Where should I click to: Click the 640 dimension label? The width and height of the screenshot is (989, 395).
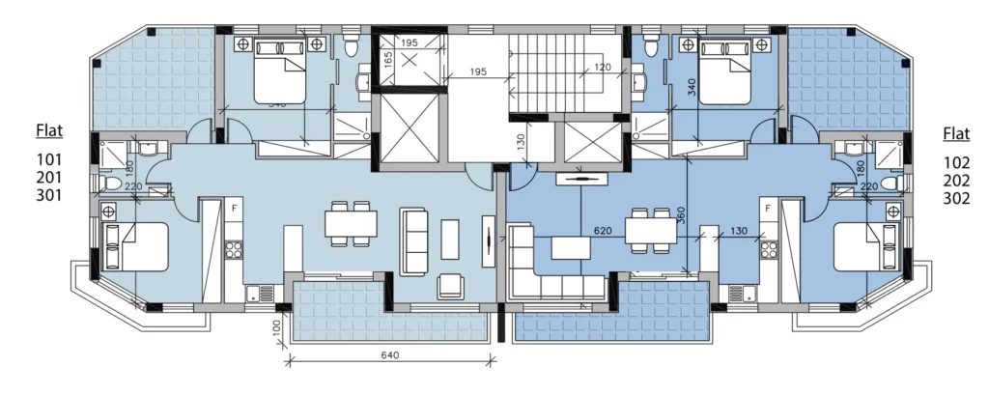pyautogui.click(x=390, y=354)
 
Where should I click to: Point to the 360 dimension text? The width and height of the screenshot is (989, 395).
pyautogui.click(x=682, y=214)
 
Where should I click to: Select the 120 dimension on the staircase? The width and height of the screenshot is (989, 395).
pyautogui.click(x=603, y=67)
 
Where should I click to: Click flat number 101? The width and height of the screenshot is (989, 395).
pyautogui.click(x=48, y=158)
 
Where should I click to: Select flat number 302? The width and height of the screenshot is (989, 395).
pyautogui.click(x=955, y=194)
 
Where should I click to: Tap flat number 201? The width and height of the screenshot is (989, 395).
pyautogui.click(x=48, y=177)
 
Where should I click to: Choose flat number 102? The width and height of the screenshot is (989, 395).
pyautogui.click(x=955, y=158)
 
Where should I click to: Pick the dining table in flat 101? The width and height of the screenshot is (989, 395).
pyautogui.click(x=349, y=224)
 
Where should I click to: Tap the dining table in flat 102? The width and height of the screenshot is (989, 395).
pyautogui.click(x=650, y=230)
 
